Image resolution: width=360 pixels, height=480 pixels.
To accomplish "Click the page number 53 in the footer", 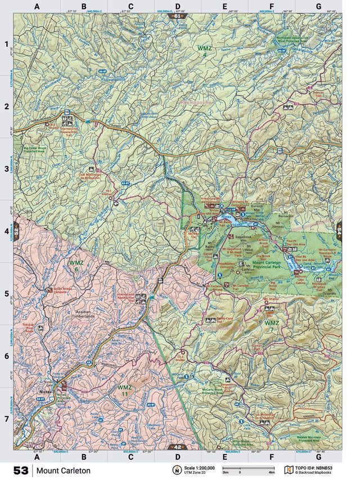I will point(20,470).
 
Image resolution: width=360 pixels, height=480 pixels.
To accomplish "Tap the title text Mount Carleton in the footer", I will point(63,470).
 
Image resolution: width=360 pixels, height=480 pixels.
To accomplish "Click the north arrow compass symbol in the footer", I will point(176,470).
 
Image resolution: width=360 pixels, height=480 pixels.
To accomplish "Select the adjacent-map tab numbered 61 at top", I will point(178,16).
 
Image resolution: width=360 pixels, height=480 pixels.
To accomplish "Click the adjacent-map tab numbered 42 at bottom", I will point(178,447).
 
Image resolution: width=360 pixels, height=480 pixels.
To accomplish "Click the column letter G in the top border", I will point(318,7).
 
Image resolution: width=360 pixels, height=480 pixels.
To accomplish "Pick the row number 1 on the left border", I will point(7,44).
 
